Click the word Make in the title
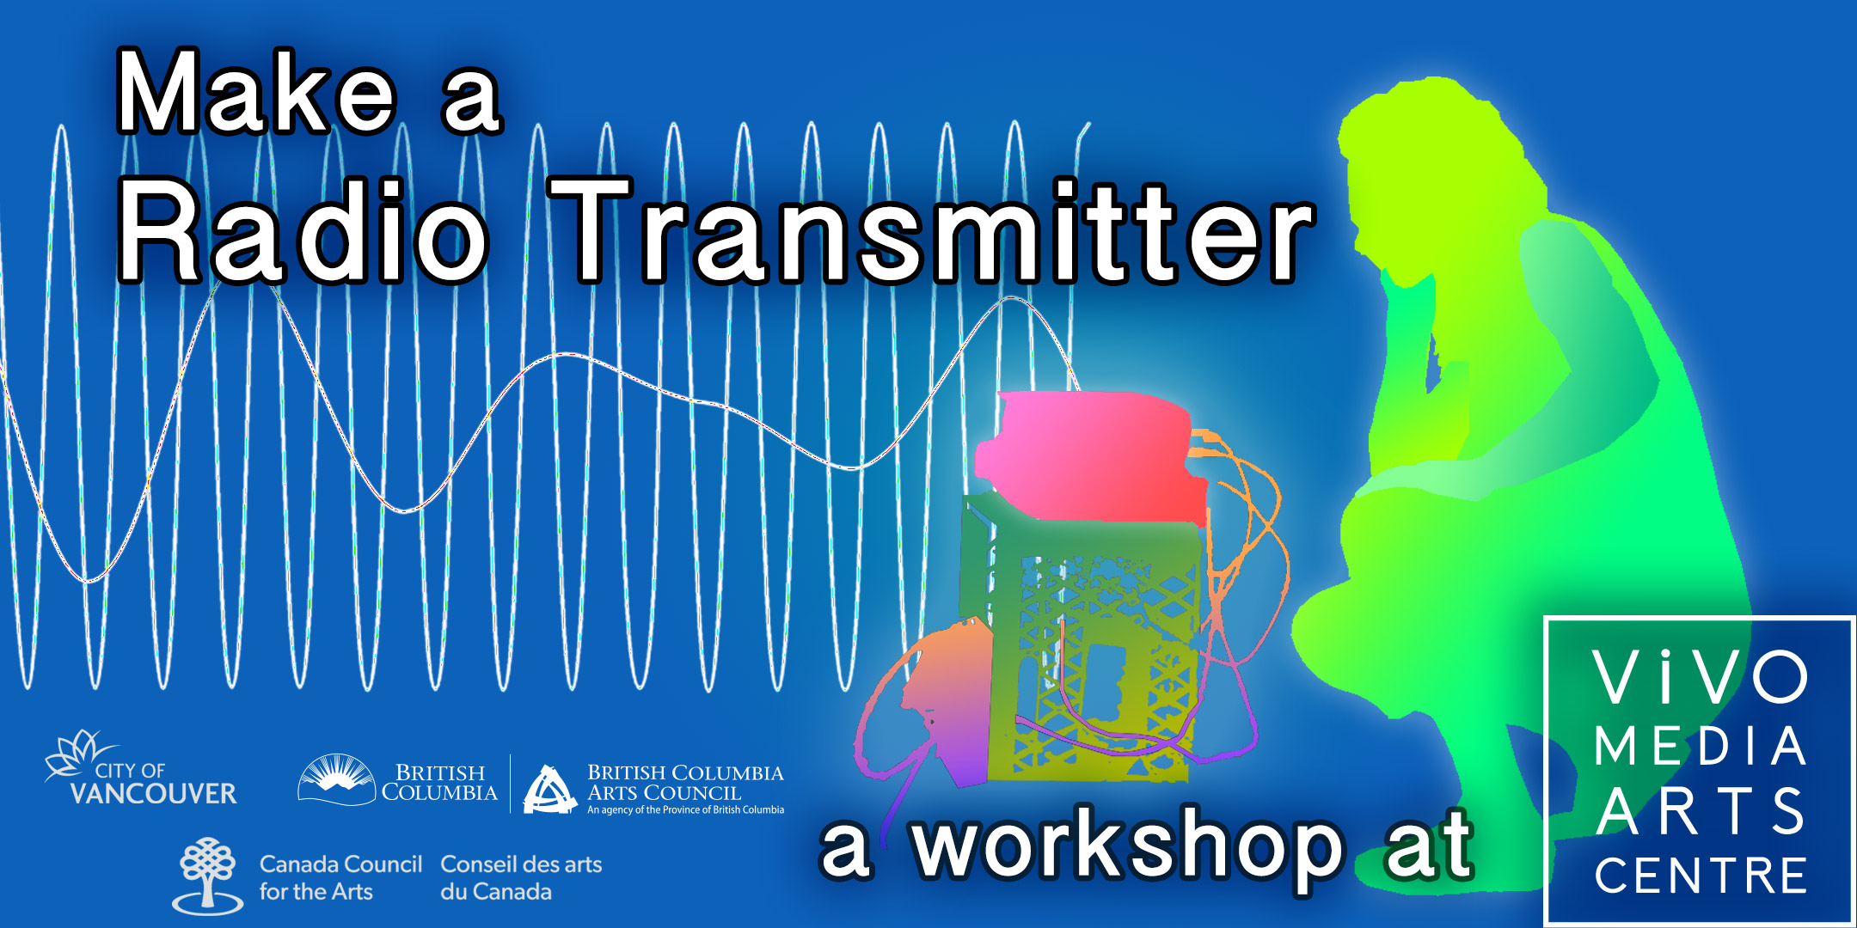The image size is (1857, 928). tap(256, 92)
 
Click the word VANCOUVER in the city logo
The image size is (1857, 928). tap(153, 793)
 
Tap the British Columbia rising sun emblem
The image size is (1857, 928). tap(336, 779)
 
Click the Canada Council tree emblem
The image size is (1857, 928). tap(207, 875)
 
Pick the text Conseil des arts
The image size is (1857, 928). tap(521, 864)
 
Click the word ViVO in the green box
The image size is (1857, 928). tap(1700, 677)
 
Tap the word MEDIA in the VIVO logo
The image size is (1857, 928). tap(1700, 746)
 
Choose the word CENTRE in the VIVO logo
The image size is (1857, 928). tap(1700, 876)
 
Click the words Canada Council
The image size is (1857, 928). tap(340, 864)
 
